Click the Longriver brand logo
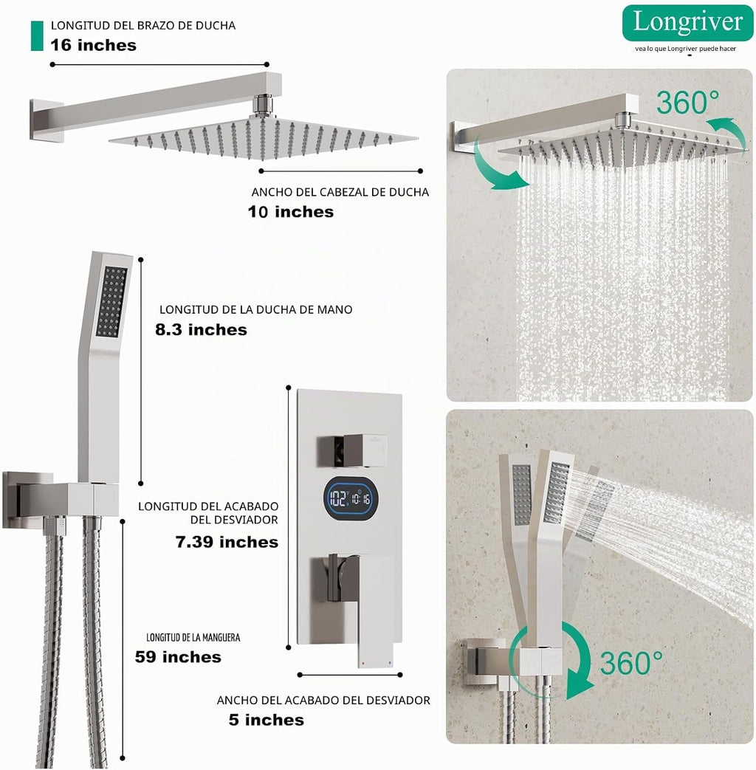687,23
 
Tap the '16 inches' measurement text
93,45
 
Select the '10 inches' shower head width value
290,212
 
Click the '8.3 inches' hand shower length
201,329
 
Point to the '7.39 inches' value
227,542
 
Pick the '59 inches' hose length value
178,656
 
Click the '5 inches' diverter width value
267,719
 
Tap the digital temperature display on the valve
351,499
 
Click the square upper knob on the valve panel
352,450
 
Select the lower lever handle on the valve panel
361,604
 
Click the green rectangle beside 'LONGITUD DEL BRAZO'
37,35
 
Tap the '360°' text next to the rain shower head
687,103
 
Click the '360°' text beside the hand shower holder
630,663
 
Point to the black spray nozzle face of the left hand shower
111,301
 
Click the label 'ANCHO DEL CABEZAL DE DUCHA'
340,192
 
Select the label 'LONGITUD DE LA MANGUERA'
193,637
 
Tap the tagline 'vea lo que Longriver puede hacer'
685,49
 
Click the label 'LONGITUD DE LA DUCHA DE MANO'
255,309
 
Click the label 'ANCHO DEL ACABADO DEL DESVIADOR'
323,700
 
